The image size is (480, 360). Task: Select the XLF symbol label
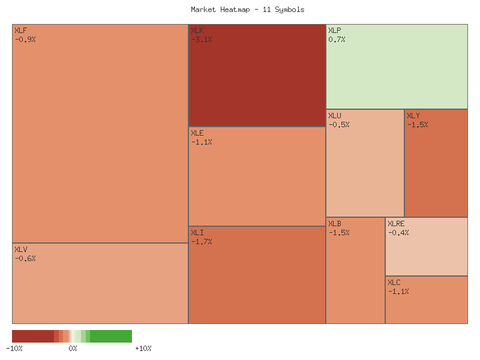20,30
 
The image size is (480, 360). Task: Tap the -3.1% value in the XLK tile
202,40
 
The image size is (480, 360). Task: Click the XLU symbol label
335,115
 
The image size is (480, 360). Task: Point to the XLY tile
436,168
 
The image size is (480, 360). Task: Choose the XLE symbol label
197,133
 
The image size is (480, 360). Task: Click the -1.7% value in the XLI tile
202,242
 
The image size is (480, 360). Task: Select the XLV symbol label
20,249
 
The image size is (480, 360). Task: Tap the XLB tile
355,276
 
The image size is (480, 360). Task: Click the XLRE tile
427,252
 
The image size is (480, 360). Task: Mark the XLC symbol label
394,282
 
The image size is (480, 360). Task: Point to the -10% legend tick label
14,349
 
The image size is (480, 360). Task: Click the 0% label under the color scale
73,349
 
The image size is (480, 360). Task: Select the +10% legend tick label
143,349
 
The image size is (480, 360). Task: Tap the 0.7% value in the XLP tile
337,40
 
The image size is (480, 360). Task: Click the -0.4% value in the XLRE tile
398,233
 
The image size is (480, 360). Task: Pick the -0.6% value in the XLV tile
25,259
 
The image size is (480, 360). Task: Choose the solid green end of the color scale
117,336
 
